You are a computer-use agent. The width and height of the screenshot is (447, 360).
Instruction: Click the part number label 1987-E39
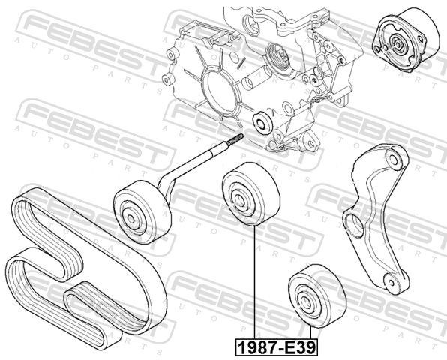(277, 347)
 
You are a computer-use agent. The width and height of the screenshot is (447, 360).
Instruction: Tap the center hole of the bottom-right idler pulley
(304, 301)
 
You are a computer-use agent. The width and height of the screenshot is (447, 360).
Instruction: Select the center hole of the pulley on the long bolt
(130, 219)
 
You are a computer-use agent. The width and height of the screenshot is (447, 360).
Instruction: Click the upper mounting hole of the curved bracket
(394, 159)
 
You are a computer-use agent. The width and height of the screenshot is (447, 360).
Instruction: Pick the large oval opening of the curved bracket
(354, 226)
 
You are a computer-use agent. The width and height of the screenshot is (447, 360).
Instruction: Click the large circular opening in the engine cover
(220, 93)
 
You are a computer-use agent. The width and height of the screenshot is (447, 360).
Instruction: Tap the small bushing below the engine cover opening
(262, 122)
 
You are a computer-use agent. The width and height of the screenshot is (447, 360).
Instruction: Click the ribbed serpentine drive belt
(85, 268)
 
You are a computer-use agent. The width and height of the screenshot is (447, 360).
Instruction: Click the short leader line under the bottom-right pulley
(311, 333)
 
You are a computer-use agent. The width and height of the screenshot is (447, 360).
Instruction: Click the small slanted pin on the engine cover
(241, 63)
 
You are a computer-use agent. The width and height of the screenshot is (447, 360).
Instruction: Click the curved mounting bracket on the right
(376, 219)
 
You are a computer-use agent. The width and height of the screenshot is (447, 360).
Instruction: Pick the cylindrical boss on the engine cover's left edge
(168, 79)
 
